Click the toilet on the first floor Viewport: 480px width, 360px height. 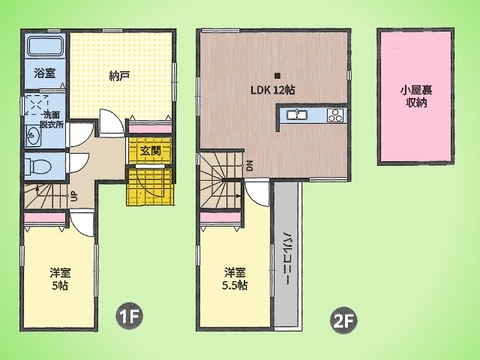pyautogui.click(x=37, y=164)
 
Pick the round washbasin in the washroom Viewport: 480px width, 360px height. pyautogui.click(x=34, y=134)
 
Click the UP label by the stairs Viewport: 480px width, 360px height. pyautogui.click(x=76, y=196)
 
